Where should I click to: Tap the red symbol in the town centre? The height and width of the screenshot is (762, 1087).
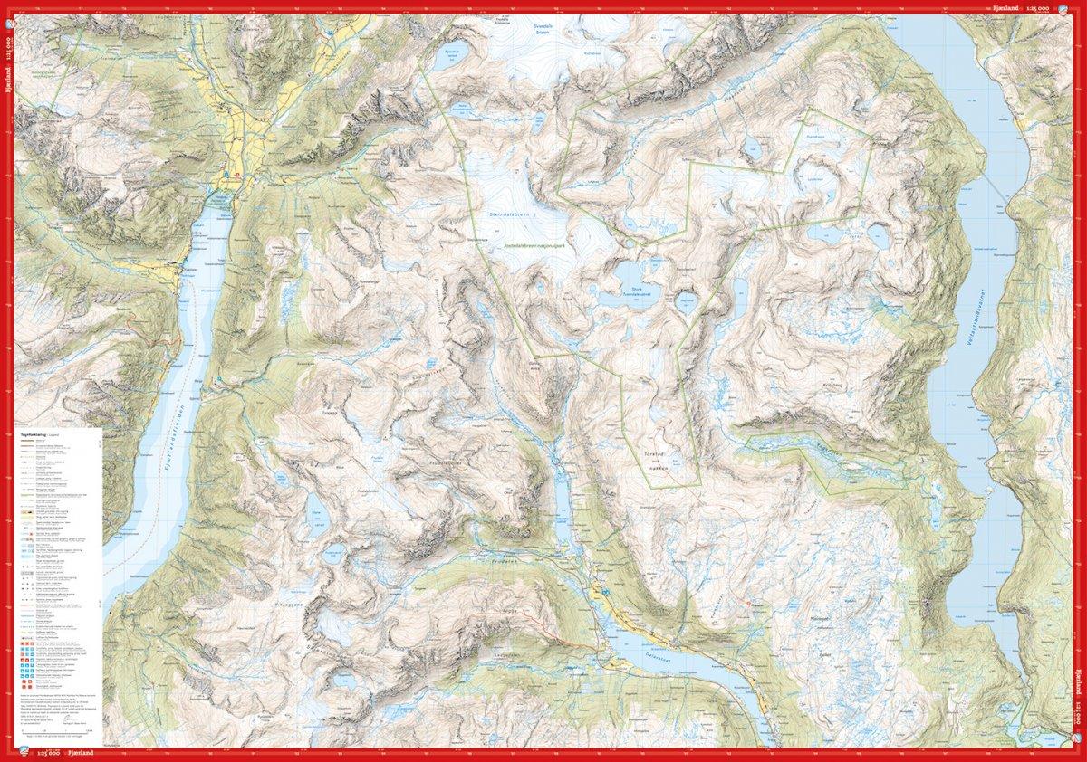(237, 174)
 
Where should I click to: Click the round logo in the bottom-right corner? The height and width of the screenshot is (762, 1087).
(1077, 752)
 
